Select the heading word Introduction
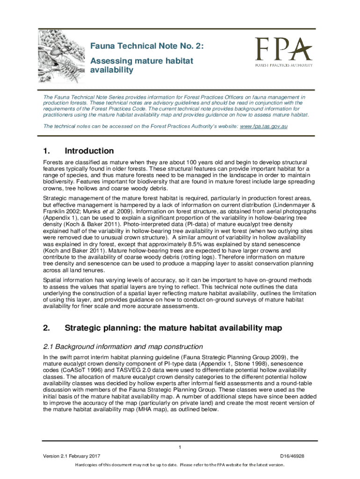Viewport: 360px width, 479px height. point(89,151)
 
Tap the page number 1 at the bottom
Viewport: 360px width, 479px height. point(180,448)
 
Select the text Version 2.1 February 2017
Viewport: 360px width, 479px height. point(71,456)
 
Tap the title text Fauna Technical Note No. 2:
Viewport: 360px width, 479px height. point(147,46)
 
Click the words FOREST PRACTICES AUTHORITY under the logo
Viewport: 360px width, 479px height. point(284,65)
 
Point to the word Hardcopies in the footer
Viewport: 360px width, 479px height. point(90,465)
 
